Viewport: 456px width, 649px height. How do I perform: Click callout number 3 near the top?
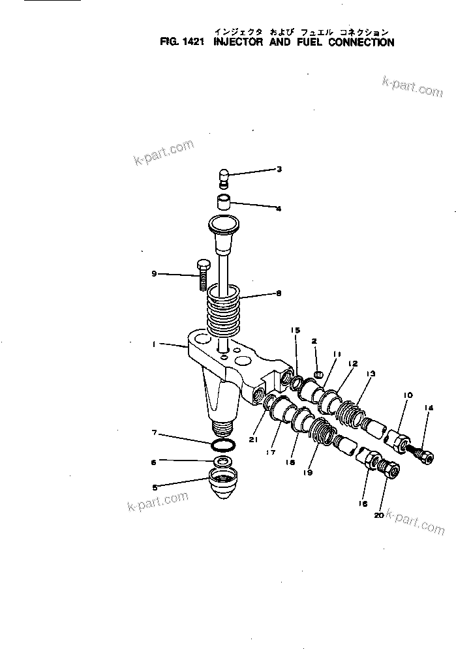click(279, 170)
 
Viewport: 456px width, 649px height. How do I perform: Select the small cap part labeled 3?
click(222, 177)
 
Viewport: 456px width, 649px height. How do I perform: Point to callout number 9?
click(154, 274)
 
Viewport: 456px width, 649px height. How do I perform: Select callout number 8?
click(279, 294)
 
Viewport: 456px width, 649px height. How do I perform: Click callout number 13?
click(371, 374)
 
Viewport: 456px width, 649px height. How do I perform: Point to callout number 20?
click(378, 515)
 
